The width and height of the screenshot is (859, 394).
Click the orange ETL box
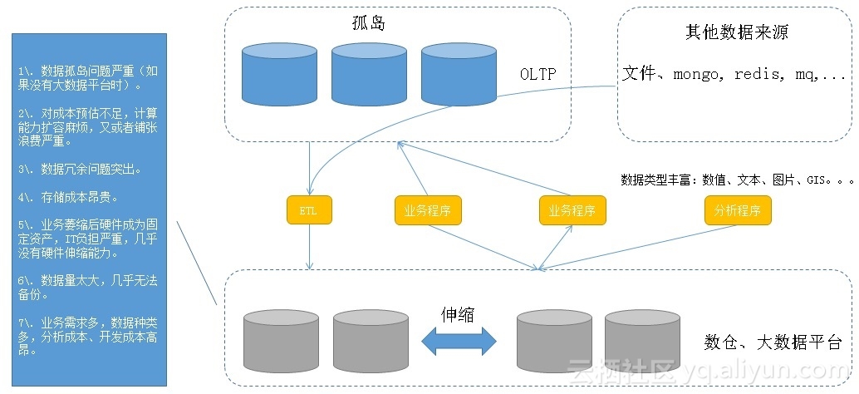310,210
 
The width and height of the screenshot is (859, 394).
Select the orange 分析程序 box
738,210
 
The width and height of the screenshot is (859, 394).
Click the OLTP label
537,75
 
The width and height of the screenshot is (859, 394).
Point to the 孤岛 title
369,24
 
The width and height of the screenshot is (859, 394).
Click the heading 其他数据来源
732,33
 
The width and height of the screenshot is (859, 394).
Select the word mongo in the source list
698,74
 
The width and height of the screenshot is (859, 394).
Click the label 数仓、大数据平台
773,342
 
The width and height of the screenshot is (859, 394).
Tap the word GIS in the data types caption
817,180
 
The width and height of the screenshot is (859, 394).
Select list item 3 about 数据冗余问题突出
79,170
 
